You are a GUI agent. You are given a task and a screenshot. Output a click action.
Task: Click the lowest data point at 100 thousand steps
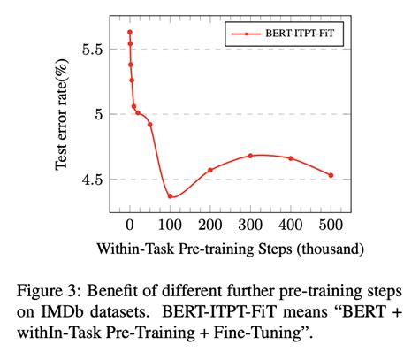click(170, 196)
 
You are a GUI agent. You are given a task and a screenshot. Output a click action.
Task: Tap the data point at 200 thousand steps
click(210, 170)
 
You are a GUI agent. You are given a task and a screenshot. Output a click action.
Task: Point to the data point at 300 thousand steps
click(250, 156)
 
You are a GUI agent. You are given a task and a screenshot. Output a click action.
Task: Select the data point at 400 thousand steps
click(291, 158)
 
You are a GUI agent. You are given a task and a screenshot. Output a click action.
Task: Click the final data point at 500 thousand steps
click(331, 175)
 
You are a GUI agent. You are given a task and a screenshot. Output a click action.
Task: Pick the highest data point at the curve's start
click(130, 33)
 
